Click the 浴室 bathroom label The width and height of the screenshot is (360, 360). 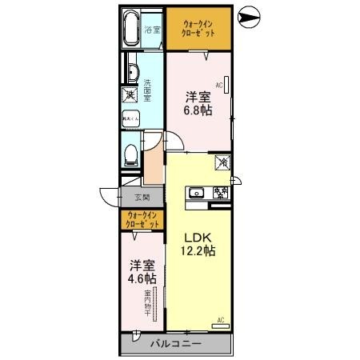click(152, 31)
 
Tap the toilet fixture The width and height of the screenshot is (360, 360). click(130, 153)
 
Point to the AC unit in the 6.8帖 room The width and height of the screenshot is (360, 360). click(226, 85)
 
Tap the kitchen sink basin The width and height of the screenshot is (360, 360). click(197, 194)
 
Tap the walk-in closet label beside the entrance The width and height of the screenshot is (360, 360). click(142, 220)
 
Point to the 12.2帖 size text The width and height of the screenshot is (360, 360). click(198, 252)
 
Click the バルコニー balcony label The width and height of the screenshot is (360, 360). click(175, 345)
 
